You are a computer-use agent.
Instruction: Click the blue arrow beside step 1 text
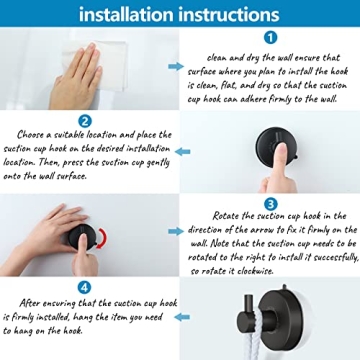pyautogui.click(x=175, y=66)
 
